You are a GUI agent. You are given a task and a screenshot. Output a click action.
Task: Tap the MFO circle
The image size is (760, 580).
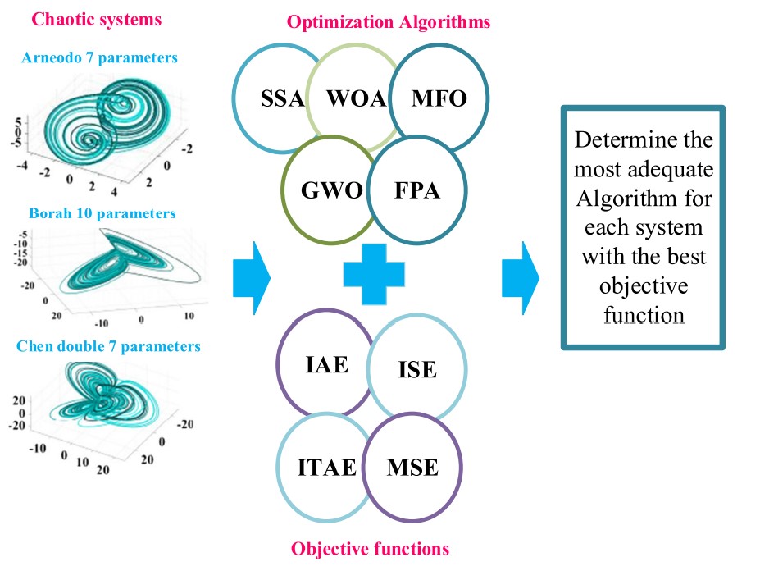click(439, 99)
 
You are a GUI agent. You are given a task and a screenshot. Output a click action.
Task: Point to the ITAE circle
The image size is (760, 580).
click(326, 468)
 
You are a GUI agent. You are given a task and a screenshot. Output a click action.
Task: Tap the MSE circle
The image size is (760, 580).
click(412, 468)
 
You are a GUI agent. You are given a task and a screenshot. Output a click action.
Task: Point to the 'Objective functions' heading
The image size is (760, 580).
click(371, 549)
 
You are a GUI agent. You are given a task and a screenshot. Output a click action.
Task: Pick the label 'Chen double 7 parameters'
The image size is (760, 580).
click(107, 346)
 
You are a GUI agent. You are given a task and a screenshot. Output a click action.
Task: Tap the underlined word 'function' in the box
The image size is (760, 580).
click(644, 316)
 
